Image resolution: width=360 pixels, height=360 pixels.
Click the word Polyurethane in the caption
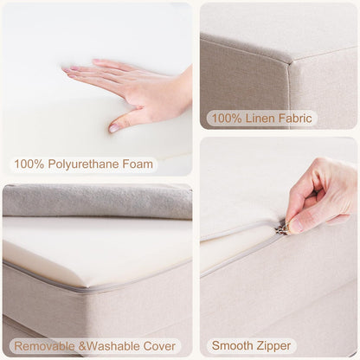click(x=89, y=163)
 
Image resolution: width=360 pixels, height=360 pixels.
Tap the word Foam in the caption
click(x=139, y=163)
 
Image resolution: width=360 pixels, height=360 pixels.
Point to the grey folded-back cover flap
click(x=95, y=202)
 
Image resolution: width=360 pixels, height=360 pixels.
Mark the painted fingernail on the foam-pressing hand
click(x=114, y=127)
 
